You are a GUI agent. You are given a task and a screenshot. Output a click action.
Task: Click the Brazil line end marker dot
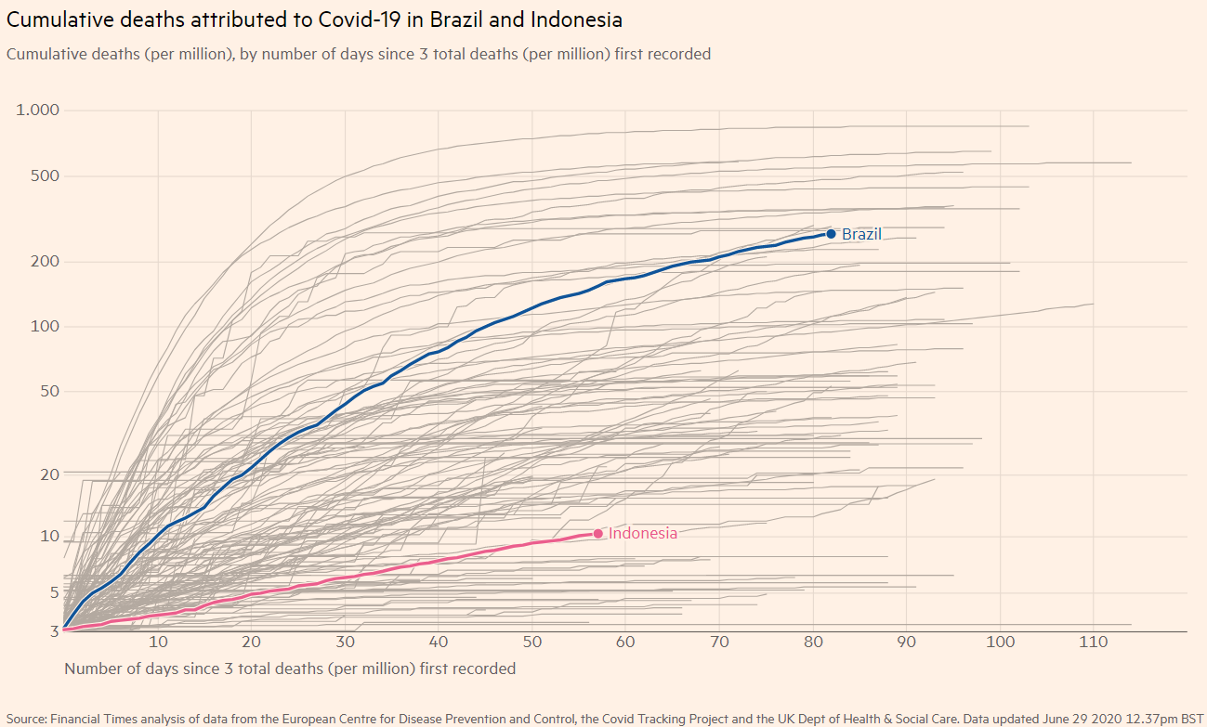point(831,234)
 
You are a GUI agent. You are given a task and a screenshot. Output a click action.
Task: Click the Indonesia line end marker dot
point(597,533)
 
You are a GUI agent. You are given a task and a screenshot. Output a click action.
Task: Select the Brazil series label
point(861,234)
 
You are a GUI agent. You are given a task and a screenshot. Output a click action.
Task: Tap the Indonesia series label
point(643,533)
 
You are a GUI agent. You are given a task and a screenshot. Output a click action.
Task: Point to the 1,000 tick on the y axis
point(38,110)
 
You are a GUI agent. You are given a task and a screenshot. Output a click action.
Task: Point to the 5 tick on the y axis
point(53,592)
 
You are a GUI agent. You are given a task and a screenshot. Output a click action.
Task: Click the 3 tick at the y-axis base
point(54,630)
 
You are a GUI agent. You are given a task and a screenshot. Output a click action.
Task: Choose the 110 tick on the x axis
point(1094,643)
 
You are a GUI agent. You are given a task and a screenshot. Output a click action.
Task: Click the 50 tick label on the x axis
point(532,643)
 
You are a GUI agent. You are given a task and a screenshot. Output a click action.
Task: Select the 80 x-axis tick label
point(813,643)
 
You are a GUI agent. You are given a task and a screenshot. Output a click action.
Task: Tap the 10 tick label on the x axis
point(158,643)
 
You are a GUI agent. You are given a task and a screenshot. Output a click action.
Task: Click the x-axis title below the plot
point(290,669)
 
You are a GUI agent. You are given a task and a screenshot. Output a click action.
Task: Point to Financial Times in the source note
point(95,718)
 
